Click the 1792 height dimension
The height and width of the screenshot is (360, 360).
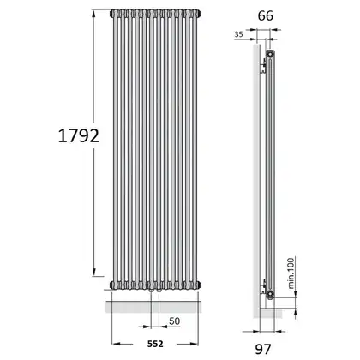tap(79, 135)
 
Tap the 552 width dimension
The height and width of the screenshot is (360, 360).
tap(155, 344)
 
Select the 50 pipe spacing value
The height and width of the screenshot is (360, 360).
tap(174, 321)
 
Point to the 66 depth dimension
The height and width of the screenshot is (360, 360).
tap(266, 15)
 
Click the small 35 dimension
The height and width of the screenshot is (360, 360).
tap(238, 34)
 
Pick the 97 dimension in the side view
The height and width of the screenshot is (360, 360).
tap(263, 349)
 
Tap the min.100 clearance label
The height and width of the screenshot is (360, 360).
tap(291, 273)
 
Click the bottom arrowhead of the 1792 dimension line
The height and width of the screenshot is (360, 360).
tap(93, 272)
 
